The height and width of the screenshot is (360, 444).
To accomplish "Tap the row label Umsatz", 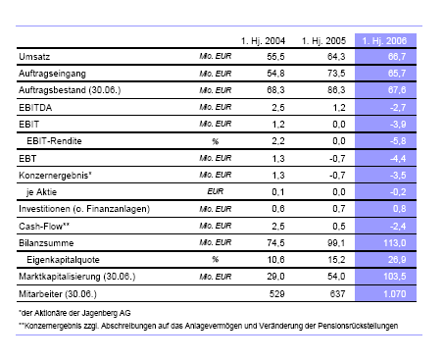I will (x=35, y=59).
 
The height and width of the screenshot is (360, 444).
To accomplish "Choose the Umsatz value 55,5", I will (x=276, y=59).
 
